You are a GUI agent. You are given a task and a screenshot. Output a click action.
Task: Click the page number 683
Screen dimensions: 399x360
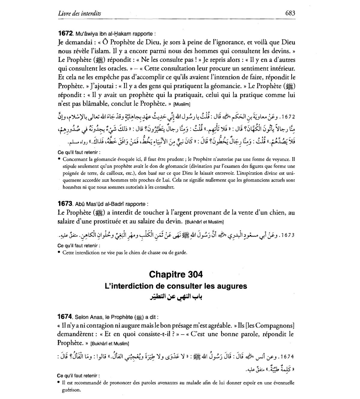tap(290, 13)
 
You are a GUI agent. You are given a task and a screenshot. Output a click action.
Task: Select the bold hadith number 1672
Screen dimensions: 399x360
tap(65, 33)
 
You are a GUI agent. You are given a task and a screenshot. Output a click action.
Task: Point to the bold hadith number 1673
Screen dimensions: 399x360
tap(65, 204)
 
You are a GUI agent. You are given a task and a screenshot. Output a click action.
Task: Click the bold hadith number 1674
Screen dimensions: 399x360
tap(65, 316)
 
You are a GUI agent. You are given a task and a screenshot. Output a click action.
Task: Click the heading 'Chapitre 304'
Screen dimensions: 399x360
tap(176, 274)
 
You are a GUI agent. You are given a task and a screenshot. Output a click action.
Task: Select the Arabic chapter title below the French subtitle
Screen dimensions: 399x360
tap(176, 296)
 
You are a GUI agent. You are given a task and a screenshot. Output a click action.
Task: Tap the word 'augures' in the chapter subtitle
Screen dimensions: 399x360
tap(232, 286)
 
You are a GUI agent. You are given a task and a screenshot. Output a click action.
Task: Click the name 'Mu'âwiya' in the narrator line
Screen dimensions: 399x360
tap(86, 33)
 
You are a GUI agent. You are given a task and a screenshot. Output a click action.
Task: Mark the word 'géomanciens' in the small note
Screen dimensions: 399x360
tap(245, 180)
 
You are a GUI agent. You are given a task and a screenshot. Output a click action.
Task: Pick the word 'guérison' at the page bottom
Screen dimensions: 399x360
tap(71, 390)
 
